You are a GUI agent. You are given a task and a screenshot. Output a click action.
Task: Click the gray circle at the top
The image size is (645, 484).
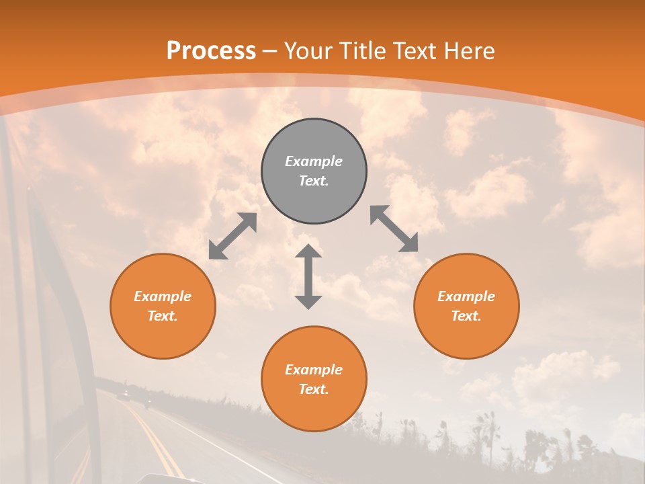(x=314, y=171)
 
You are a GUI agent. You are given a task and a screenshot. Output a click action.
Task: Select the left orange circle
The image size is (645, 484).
(x=163, y=306)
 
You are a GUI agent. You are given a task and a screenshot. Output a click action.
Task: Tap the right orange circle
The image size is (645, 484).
(x=466, y=306)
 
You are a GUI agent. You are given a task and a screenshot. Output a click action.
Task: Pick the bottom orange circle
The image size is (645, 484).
(x=314, y=379)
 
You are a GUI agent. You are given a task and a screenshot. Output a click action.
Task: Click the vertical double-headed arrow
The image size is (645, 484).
(x=308, y=276)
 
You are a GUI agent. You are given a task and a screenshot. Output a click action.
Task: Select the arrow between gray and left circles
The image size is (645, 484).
(x=232, y=236)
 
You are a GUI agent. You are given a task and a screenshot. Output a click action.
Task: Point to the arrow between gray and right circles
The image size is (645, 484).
(x=394, y=229)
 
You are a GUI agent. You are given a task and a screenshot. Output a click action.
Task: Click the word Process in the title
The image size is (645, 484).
(x=211, y=51)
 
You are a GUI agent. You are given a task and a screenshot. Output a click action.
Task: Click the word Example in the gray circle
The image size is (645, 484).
(x=314, y=161)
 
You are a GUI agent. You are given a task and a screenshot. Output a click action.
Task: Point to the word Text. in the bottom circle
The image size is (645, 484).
(x=314, y=389)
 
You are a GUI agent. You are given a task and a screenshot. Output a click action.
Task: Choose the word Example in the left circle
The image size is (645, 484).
(x=163, y=296)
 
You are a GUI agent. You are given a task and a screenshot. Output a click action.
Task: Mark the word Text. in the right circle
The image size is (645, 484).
(x=466, y=316)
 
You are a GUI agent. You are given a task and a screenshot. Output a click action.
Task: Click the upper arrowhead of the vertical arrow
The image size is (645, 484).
(x=308, y=251)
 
